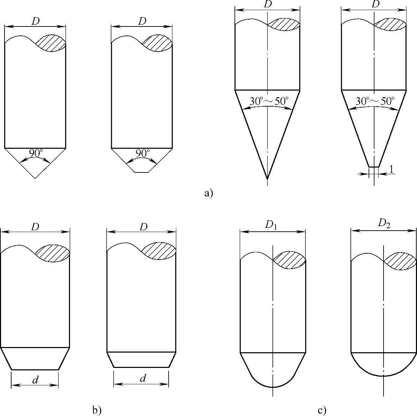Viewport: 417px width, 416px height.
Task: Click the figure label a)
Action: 208,193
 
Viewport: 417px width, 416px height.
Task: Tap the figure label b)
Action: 97,410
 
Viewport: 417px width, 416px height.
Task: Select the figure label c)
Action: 322,410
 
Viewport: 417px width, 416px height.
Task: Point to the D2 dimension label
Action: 384,223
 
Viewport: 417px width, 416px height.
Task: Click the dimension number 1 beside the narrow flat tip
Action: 391,169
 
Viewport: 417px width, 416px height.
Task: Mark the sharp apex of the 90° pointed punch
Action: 35,178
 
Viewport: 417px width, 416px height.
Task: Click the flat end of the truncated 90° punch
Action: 142,172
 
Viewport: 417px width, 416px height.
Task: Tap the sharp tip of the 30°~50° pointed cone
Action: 267,178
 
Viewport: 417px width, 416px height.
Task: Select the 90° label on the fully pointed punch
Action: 35,153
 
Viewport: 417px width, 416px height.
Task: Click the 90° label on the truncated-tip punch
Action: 142,153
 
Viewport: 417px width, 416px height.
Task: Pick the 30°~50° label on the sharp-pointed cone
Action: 269,101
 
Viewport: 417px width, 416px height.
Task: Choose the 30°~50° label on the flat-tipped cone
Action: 375,101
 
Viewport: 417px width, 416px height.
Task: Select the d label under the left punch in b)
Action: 35,380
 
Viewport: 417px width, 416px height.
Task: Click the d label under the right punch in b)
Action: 142,379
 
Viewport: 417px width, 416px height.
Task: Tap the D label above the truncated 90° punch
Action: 142,21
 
